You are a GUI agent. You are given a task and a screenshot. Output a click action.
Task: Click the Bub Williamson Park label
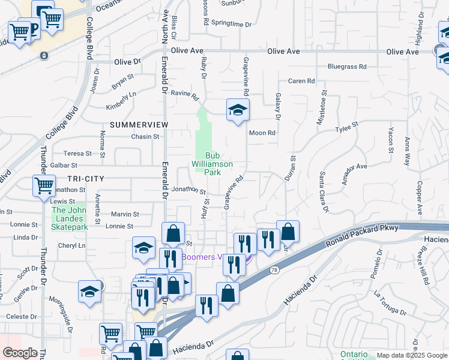[x=212, y=163]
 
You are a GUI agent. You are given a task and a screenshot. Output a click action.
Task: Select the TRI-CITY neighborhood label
[x=86, y=179]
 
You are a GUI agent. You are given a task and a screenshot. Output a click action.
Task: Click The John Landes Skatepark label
[x=70, y=218]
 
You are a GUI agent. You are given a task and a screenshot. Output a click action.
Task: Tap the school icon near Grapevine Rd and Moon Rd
[x=238, y=110]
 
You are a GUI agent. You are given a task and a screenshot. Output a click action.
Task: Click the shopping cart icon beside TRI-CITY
[x=44, y=185]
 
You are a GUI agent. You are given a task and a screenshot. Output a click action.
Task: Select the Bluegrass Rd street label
[x=346, y=67]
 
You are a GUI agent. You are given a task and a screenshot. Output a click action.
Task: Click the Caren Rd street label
[x=301, y=81]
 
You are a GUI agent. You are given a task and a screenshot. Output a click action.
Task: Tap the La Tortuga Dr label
[x=390, y=304]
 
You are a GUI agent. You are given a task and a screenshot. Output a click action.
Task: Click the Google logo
[x=20, y=353]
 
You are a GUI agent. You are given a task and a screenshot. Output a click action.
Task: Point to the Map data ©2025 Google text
[x=411, y=355]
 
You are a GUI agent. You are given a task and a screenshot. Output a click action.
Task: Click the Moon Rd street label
[x=262, y=133]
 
